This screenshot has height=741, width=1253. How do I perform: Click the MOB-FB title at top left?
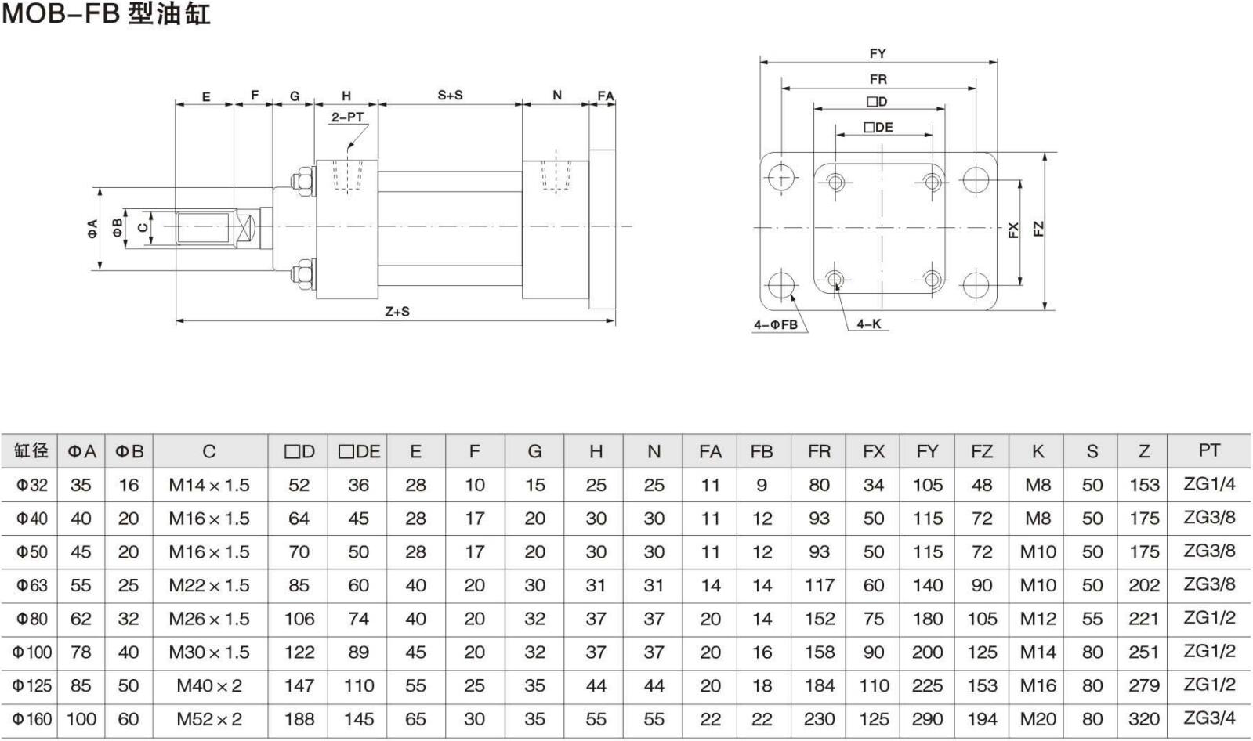tap(106, 14)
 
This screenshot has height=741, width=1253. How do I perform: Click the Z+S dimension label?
tap(397, 312)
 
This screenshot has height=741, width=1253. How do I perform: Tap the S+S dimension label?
tap(450, 96)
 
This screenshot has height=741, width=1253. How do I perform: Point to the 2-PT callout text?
tap(347, 117)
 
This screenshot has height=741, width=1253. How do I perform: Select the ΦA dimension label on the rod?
tap(92, 228)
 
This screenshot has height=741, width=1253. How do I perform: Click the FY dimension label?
tap(878, 53)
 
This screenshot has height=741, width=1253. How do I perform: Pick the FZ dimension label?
tap(1038, 230)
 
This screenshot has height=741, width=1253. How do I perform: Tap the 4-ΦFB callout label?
tap(776, 324)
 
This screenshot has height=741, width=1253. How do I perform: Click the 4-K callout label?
tap(868, 324)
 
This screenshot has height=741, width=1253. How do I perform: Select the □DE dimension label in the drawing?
tap(878, 127)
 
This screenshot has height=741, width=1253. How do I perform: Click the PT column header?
tap(1209, 450)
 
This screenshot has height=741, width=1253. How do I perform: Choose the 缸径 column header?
tap(31, 450)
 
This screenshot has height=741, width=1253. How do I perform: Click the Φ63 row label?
tap(32, 585)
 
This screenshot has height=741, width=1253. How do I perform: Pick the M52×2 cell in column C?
tap(209, 719)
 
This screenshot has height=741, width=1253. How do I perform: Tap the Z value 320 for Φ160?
tap(1144, 719)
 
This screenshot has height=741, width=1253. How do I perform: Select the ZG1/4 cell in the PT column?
tap(1209, 484)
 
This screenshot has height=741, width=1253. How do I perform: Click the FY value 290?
tap(927, 719)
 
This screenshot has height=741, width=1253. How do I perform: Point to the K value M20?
tap(1038, 719)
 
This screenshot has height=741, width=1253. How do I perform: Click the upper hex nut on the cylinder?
tap(302, 181)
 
